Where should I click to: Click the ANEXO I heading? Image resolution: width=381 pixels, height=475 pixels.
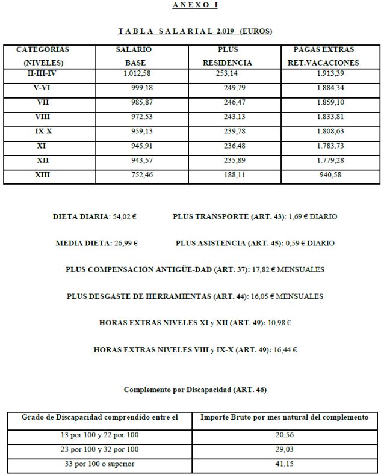194,5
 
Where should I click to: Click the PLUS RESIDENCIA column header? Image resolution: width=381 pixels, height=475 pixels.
227,56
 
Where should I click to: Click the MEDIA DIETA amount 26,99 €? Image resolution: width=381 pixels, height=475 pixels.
126,244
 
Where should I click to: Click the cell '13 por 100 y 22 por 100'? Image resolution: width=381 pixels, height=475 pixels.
100,435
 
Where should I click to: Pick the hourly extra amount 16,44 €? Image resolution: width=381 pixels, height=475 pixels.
287,349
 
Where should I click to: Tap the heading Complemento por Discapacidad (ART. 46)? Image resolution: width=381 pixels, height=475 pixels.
194,390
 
